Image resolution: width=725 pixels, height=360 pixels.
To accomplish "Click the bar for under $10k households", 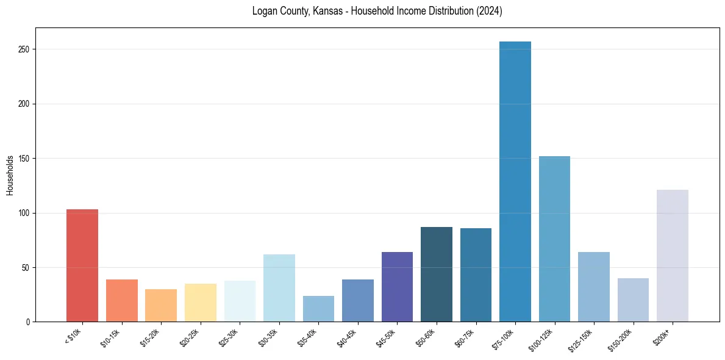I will pyautogui.click(x=82, y=265).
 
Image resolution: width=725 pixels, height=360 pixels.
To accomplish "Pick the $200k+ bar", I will pyautogui.click(x=673, y=256).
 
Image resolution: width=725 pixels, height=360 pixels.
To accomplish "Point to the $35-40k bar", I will pyautogui.click(x=318, y=309).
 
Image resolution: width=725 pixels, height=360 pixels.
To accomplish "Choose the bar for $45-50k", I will pyautogui.click(x=397, y=287).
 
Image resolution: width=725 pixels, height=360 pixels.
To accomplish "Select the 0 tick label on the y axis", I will pyautogui.click(x=29, y=322).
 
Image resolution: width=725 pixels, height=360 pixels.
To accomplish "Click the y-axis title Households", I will pyautogui.click(x=10, y=175).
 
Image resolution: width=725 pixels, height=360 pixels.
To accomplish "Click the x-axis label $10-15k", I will pyautogui.click(x=111, y=337).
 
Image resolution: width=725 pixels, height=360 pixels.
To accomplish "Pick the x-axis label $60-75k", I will pyautogui.click(x=465, y=337).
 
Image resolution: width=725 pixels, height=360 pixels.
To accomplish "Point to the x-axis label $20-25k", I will pyautogui.click(x=190, y=337).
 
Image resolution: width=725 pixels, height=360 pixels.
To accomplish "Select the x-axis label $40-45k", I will pyautogui.click(x=347, y=337).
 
